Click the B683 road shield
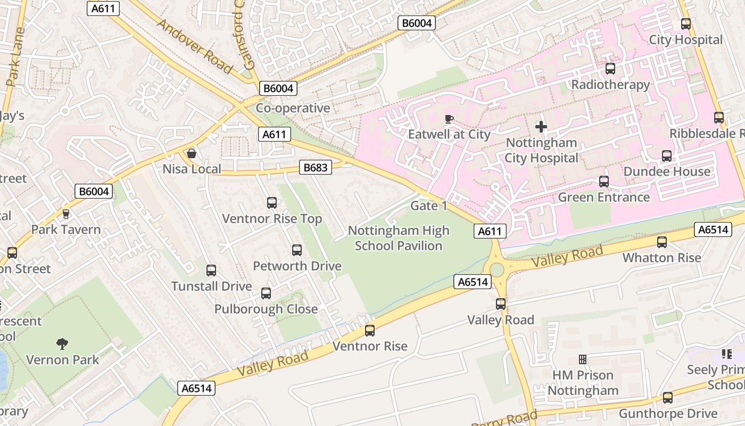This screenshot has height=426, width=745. [315, 167]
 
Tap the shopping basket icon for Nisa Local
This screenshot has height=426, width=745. [191, 154]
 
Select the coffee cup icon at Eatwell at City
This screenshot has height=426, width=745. [449, 119]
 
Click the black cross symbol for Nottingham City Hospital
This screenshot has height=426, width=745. [541, 127]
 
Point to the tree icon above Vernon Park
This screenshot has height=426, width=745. [62, 343]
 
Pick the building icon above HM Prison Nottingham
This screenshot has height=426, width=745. [583, 359]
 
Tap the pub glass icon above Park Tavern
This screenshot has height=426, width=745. [66, 214]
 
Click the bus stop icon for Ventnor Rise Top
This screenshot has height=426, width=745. [271, 203]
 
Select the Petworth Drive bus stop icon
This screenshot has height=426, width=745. [297, 250]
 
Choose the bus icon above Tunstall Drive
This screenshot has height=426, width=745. [211, 271]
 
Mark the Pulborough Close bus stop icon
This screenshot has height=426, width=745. [266, 293]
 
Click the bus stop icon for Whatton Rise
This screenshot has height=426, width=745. [661, 242]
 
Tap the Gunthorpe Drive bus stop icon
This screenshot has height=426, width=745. [667, 398]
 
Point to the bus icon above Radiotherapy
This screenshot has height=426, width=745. [610, 69]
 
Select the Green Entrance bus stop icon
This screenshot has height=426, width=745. [603, 182]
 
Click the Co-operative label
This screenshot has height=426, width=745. [293, 108]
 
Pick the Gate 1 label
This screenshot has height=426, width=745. [428, 206]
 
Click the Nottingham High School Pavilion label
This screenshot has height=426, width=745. [399, 238]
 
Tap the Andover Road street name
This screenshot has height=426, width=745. [195, 46]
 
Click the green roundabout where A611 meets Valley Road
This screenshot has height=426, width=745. [496, 269]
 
